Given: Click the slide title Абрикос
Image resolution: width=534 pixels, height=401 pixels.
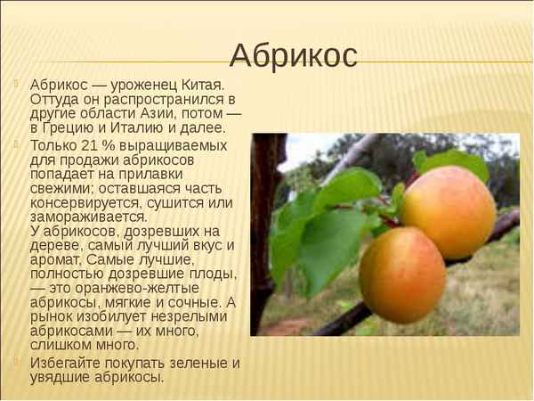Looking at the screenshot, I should pyautogui.click(x=293, y=55).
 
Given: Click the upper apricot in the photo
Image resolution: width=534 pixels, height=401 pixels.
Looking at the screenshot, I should pyautogui.click(x=449, y=211).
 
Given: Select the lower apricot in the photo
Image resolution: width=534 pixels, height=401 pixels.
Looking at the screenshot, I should pyautogui.click(x=402, y=274).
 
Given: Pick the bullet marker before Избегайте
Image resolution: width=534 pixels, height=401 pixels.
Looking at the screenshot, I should pyautogui.click(x=17, y=363).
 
